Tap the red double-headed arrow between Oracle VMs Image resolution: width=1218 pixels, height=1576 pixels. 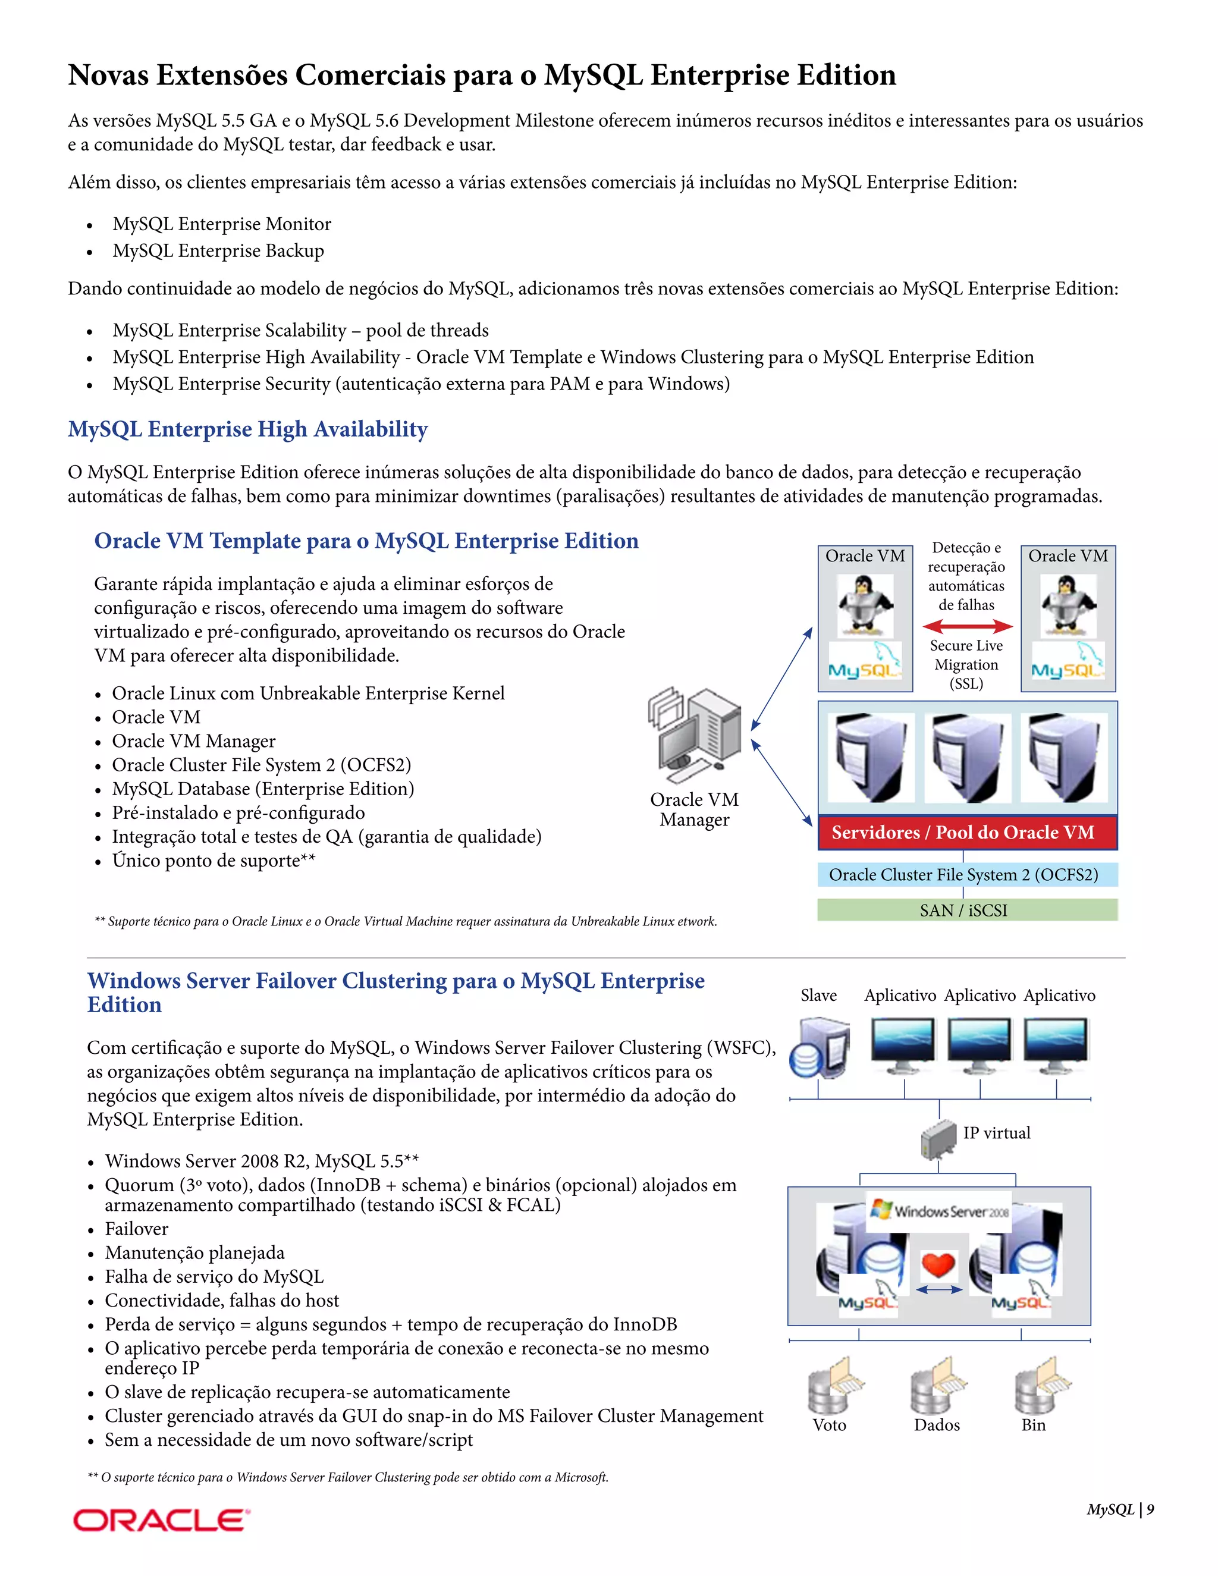click(967, 626)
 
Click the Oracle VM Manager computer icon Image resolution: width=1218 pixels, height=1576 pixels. click(695, 734)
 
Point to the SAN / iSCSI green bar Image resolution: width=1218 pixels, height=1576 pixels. click(967, 910)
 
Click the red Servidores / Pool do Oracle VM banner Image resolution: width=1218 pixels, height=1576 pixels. click(967, 833)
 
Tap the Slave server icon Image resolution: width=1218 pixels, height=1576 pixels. click(820, 1048)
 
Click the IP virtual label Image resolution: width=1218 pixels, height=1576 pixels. click(997, 1133)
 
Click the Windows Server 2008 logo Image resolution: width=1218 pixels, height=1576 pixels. click(938, 1211)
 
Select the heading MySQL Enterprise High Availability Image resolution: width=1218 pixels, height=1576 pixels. click(247, 429)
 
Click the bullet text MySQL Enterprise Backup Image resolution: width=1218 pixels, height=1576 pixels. click(218, 250)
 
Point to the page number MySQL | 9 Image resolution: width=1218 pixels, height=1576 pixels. click(1120, 1509)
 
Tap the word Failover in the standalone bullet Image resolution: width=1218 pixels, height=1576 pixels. click(136, 1229)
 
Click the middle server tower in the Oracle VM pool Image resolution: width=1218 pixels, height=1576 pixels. click(967, 758)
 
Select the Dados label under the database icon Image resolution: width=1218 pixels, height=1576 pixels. click(937, 1425)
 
